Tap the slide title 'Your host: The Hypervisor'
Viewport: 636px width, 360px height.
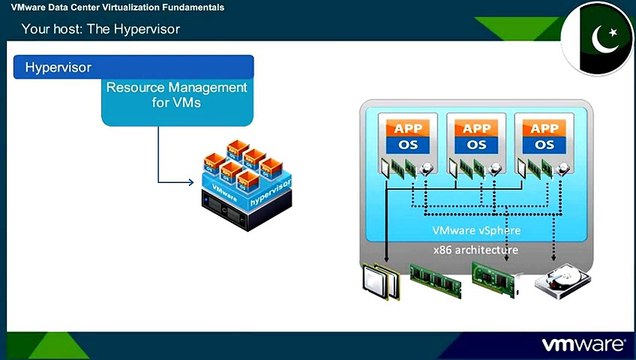tap(101, 28)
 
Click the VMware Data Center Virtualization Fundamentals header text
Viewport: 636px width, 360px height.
tap(118, 7)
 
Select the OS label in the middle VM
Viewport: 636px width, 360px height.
tap(475, 144)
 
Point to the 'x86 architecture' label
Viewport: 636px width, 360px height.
tap(476, 248)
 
